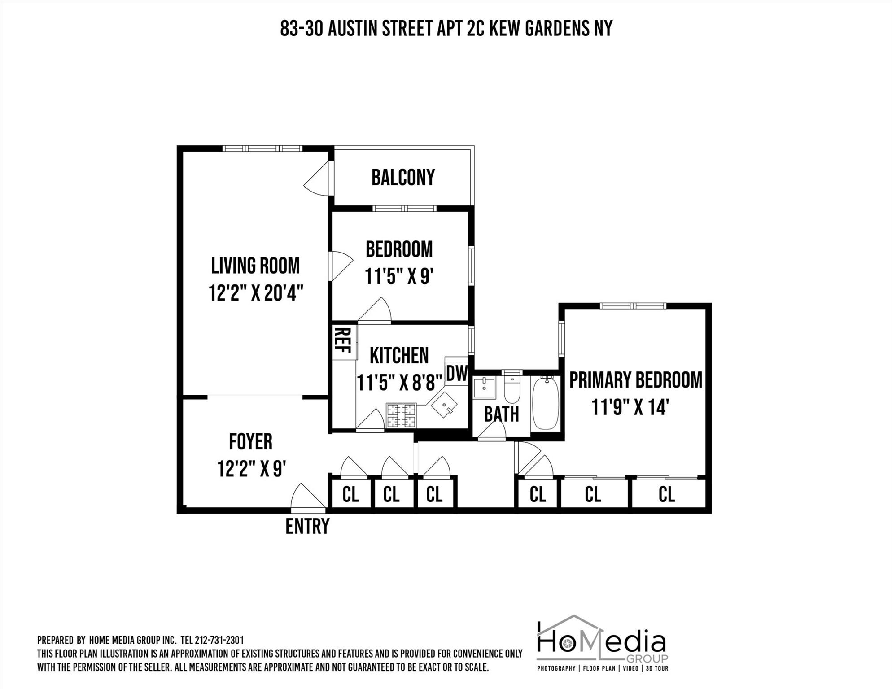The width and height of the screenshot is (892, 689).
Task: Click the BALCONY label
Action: click(x=403, y=178)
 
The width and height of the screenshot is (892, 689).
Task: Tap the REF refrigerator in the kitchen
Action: click(x=344, y=340)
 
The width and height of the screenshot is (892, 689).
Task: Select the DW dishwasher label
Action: click(x=457, y=373)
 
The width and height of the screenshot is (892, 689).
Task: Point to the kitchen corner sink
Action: click(x=444, y=405)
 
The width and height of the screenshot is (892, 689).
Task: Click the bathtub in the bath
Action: click(x=545, y=402)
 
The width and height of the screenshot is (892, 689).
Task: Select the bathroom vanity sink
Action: click(x=485, y=388)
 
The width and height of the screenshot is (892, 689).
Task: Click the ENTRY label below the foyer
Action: click(x=307, y=526)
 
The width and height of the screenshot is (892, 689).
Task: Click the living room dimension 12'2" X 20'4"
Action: click(x=256, y=294)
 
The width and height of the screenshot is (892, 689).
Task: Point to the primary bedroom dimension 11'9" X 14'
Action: click(x=630, y=408)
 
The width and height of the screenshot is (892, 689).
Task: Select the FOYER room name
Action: click(x=250, y=442)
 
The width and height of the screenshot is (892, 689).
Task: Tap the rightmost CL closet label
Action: click(x=666, y=495)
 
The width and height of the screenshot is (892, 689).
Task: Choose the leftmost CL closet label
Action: click(x=350, y=495)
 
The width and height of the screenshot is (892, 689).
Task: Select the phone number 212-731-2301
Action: click(x=219, y=640)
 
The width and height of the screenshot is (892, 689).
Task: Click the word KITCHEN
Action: click(x=399, y=356)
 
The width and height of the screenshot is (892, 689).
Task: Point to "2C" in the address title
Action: click(x=472, y=29)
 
